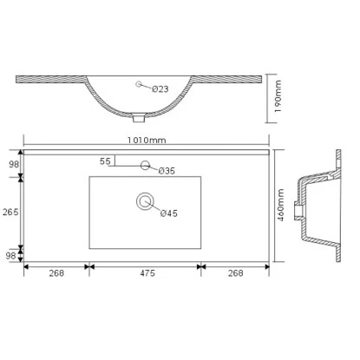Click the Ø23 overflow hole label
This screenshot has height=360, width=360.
pos(160,88)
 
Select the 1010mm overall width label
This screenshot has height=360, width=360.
pos(145,140)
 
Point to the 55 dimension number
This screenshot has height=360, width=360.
pos(105,161)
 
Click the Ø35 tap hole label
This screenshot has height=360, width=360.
pos(167,170)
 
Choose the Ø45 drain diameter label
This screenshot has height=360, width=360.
pos(168,213)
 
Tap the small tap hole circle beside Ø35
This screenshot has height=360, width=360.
pos(144,163)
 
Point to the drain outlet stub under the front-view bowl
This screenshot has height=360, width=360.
pos(141,116)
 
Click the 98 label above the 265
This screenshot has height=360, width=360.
pos(12,164)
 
